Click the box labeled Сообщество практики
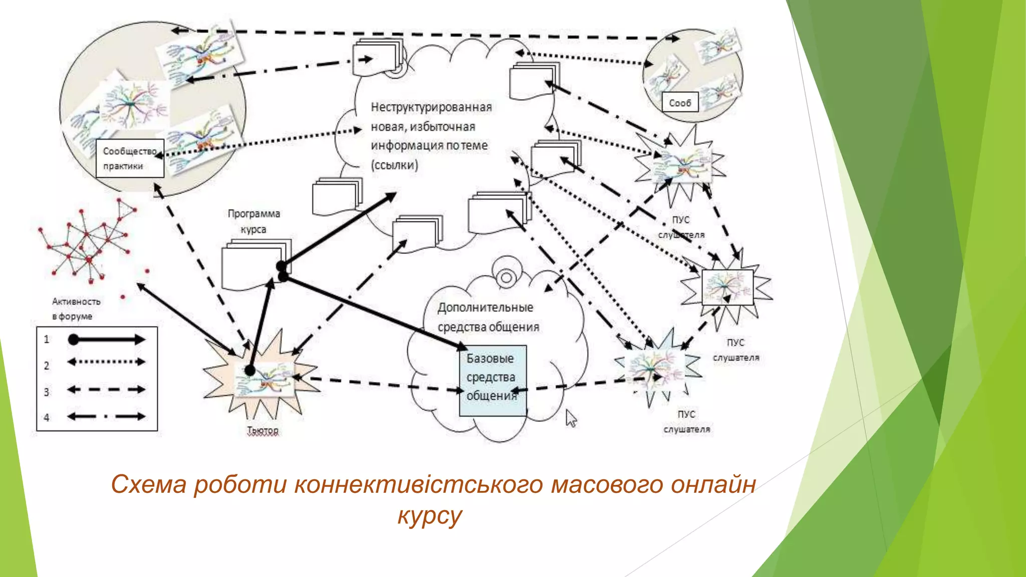coord(130,158)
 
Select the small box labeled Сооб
coord(680,103)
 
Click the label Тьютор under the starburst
coord(263,430)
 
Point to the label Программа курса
coord(253,221)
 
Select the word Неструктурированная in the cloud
coord(431,107)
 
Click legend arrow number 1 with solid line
coord(106,340)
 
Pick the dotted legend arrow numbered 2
coord(106,362)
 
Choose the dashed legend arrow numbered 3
coord(106,389)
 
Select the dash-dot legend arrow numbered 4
coord(106,416)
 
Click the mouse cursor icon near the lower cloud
coord(571,418)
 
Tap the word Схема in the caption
coord(148,484)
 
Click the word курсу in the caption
coord(429,515)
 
